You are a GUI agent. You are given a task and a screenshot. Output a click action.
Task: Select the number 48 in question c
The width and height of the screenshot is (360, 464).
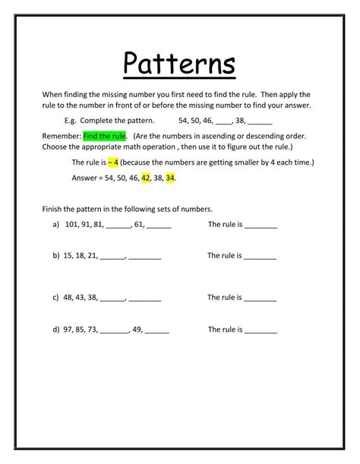[x=69, y=297]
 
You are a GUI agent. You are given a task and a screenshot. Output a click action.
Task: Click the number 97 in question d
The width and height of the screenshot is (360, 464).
[x=69, y=330]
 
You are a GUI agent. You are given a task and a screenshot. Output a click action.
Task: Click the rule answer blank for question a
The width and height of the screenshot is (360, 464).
[x=261, y=226]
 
